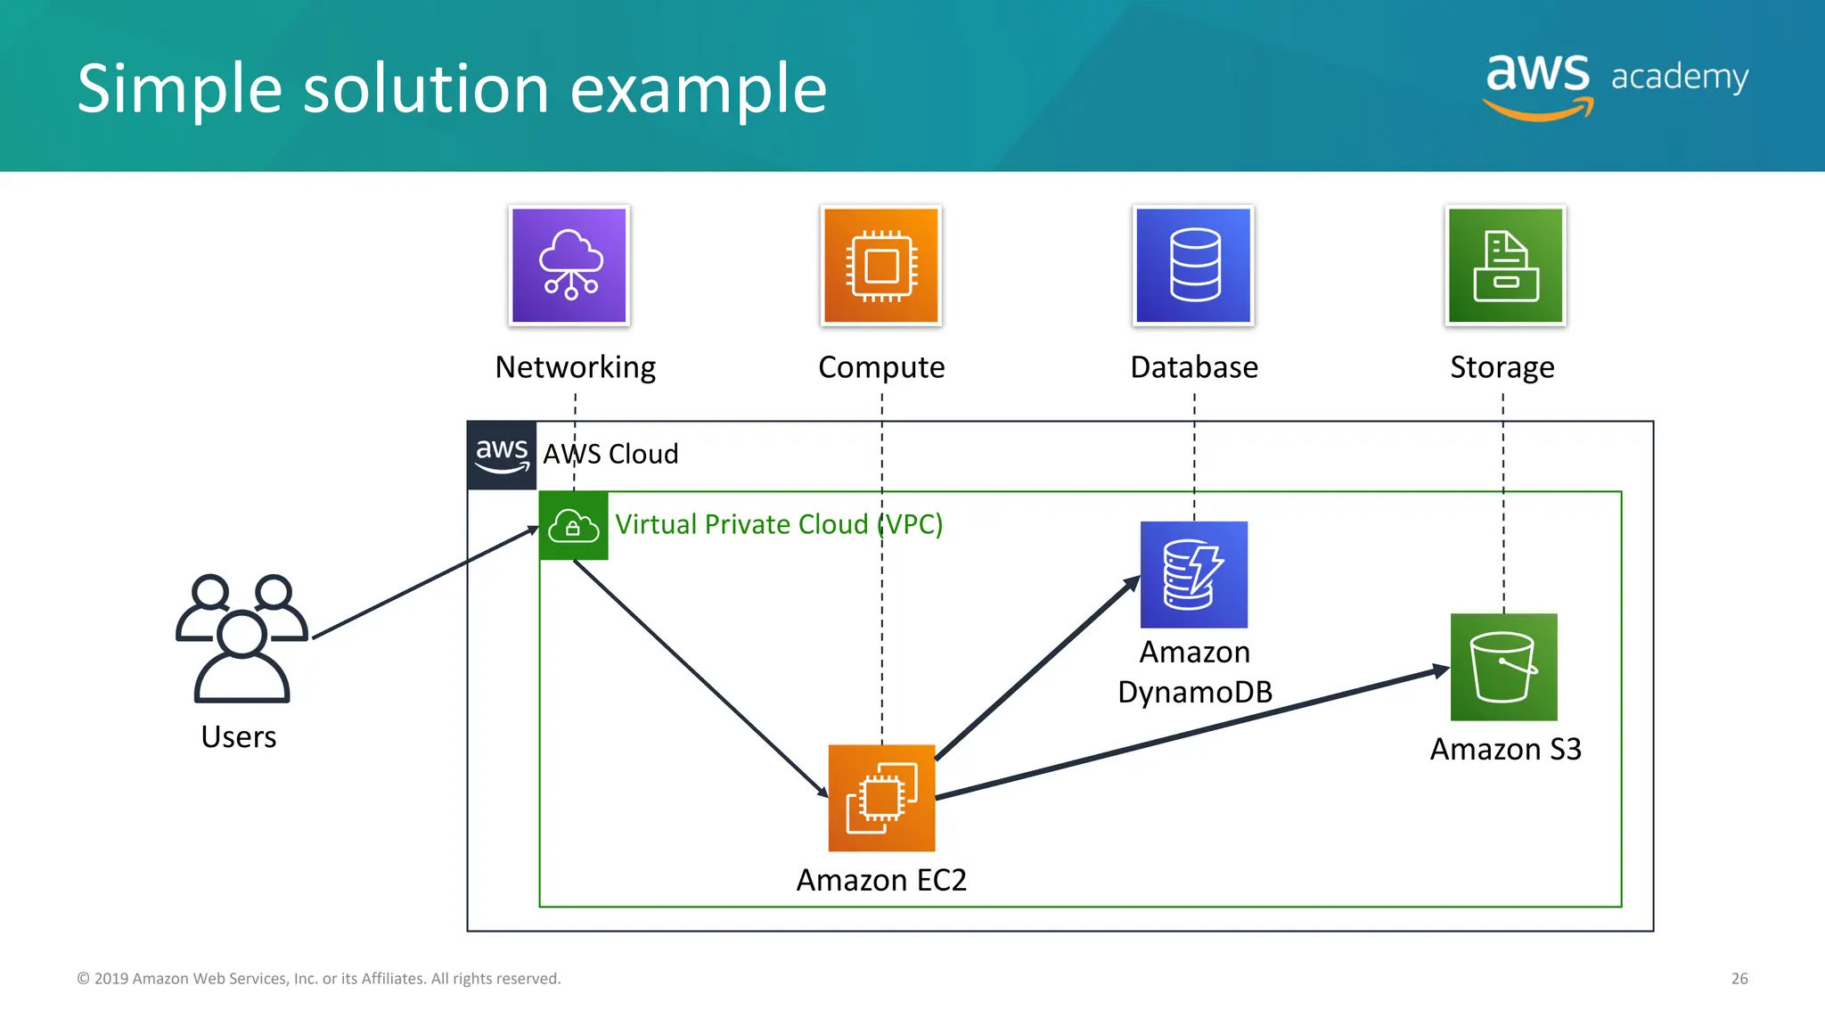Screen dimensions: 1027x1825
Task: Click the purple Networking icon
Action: pos(569,266)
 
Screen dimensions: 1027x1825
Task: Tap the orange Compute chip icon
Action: pos(881,266)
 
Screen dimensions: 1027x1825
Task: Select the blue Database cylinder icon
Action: pos(1194,266)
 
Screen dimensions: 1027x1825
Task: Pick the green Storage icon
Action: pos(1505,266)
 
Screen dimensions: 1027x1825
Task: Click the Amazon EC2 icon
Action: pos(881,798)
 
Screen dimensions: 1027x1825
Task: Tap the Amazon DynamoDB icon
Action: pos(1194,575)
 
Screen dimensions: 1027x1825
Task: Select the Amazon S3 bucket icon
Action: pos(1504,667)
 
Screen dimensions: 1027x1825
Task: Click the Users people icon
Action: pos(241,637)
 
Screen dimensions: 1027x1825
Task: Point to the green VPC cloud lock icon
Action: pos(573,526)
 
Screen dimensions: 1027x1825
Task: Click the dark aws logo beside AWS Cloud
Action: pos(502,455)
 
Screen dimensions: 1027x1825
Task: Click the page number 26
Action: pos(1739,979)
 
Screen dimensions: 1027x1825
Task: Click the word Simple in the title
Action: pos(178,89)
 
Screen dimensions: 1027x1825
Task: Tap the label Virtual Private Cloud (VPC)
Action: pos(779,524)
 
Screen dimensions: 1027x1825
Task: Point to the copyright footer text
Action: pos(319,979)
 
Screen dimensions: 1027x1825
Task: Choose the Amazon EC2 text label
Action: pos(881,880)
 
